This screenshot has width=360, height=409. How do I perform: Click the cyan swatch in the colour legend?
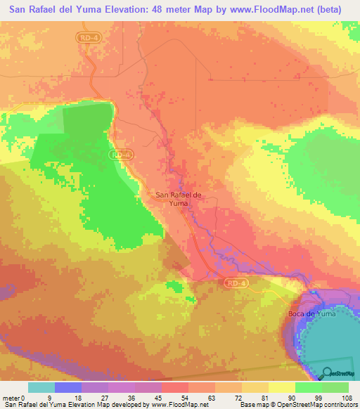click(41, 387)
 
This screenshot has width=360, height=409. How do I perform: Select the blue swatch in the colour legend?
click(68, 387)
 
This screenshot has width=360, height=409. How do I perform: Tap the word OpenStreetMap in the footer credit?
click(295, 405)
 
